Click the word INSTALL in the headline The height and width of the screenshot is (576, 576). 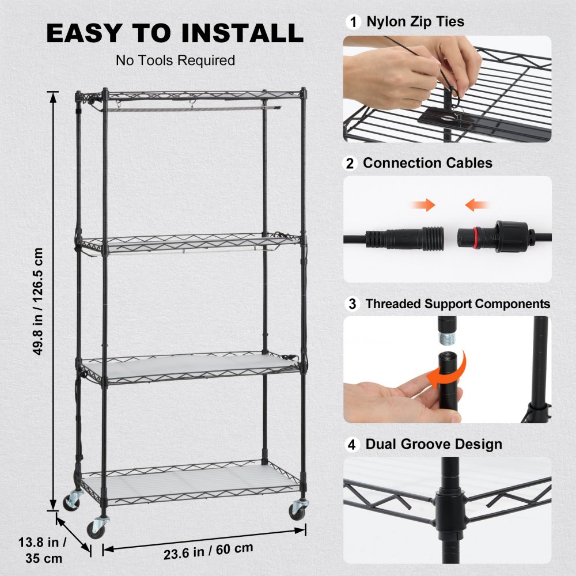point(242,33)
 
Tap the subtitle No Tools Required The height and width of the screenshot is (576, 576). point(175,60)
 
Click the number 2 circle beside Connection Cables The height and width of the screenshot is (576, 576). point(350,164)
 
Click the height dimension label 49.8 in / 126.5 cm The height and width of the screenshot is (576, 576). point(39,301)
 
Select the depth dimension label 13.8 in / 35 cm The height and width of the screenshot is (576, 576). point(45,550)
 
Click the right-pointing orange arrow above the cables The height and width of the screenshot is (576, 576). point(425,204)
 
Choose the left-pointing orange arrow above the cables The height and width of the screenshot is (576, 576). point(477,204)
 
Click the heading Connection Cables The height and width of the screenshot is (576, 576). point(427,164)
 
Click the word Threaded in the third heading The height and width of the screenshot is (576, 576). point(391,304)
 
